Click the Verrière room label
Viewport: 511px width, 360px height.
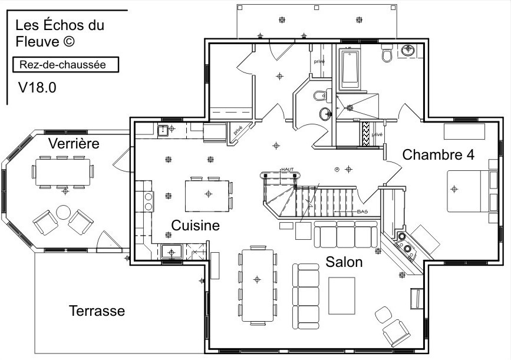click(74, 143)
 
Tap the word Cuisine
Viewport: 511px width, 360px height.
click(196, 226)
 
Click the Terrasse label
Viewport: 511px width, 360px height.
click(97, 311)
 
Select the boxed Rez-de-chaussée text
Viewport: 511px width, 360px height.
click(62, 64)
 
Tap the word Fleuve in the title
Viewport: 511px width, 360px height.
click(37, 42)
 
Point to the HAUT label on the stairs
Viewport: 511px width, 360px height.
click(288, 169)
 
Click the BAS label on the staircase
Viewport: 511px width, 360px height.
click(363, 211)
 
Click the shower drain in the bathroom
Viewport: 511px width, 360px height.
click(350, 107)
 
